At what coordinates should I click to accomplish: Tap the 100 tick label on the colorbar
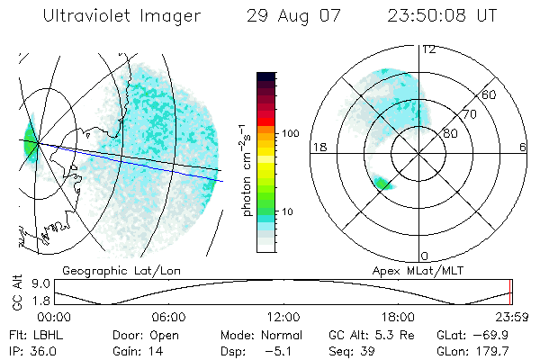click(x=289, y=133)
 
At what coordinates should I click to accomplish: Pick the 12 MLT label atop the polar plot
click(x=428, y=49)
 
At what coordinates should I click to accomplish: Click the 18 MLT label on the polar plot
click(x=318, y=147)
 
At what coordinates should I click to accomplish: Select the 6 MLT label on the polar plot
click(x=523, y=147)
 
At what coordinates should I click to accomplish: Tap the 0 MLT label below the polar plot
click(x=425, y=256)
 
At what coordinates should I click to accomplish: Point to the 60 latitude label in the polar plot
click(x=490, y=94)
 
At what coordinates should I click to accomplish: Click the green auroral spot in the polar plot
click(x=384, y=184)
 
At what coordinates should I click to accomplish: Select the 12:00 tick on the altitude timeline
click(x=283, y=317)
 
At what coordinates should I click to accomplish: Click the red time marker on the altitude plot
click(x=510, y=292)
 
